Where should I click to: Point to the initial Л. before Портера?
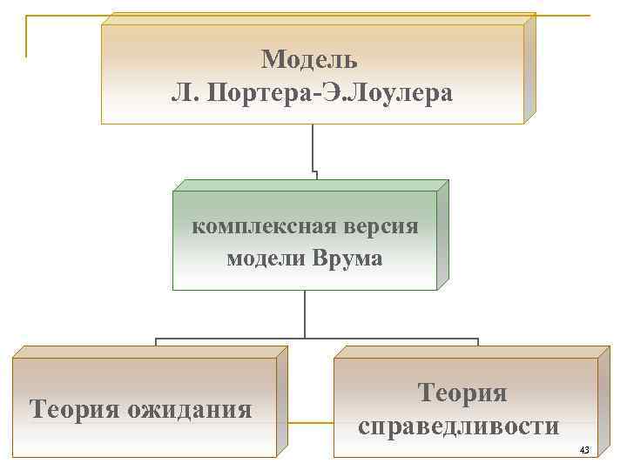pyautogui.click(x=185, y=92)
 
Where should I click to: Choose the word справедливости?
pyautogui.click(x=458, y=426)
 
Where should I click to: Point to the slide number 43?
pyautogui.click(x=584, y=450)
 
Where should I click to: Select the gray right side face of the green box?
pyautogui.click(x=442, y=235)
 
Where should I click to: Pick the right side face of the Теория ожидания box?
pyautogui.click(x=281, y=400)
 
